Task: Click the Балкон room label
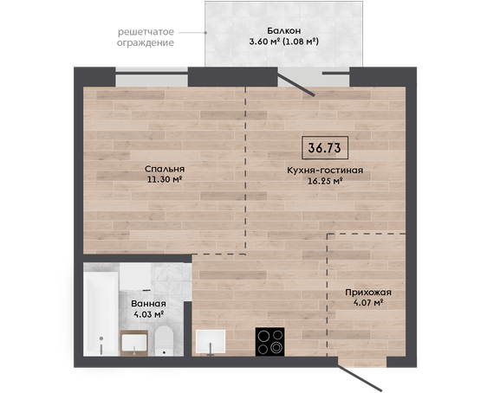[x=284, y=30]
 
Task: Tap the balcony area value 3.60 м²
[x=264, y=42]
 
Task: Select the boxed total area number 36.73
[x=325, y=148]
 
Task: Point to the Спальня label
[x=165, y=170]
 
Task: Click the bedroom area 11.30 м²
[x=165, y=179]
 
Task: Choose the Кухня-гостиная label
[x=325, y=171]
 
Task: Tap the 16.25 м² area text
[x=325, y=181]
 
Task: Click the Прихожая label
[x=368, y=293]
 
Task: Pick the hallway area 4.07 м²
[x=368, y=302]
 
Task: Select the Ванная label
[x=148, y=304]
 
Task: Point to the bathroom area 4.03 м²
[x=148, y=314]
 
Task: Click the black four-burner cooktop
[x=269, y=342]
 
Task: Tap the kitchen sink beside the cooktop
[x=211, y=342]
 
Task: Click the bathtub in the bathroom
[x=101, y=313]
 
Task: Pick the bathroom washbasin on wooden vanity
[x=134, y=343]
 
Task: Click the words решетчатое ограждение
[x=146, y=37]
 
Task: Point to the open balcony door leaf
[x=296, y=83]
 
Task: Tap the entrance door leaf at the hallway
[x=360, y=377]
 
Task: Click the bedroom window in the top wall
[x=152, y=77]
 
